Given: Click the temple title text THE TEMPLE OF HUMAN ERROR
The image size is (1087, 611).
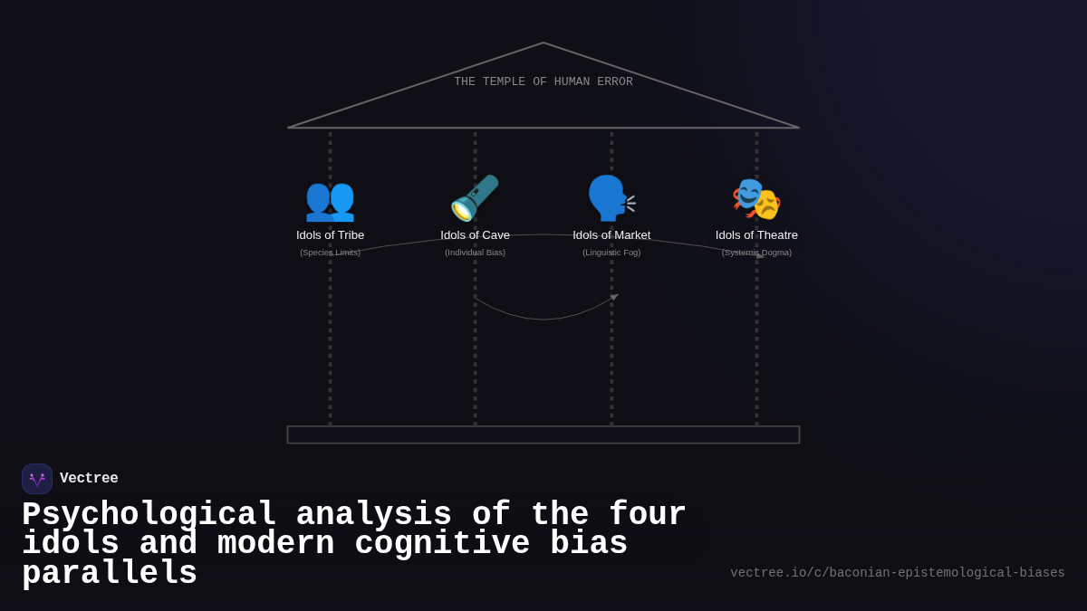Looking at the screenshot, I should [x=543, y=81].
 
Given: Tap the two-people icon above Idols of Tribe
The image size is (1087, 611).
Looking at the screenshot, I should [x=330, y=199].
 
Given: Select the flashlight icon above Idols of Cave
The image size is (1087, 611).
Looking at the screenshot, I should [x=475, y=198].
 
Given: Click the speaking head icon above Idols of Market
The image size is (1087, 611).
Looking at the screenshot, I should [x=611, y=198].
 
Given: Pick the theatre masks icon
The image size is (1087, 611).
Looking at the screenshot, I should [x=756, y=199].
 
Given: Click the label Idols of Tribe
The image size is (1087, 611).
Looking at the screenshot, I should [x=330, y=235].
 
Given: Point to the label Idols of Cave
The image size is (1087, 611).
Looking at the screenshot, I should [x=475, y=235].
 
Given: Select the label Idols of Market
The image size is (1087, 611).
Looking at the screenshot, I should [x=611, y=235].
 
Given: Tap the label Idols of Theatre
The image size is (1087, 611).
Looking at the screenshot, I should [x=756, y=235].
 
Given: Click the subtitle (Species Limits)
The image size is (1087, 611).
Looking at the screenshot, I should [x=330, y=253].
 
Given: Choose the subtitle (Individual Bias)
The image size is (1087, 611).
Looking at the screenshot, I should [x=475, y=253].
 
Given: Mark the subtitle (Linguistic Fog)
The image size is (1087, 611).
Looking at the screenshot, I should [x=611, y=253].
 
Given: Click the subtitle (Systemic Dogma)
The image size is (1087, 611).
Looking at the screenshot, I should [x=756, y=253].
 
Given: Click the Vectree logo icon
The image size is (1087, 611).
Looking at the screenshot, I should [x=37, y=479].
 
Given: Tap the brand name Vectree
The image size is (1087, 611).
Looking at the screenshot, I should [x=89, y=479].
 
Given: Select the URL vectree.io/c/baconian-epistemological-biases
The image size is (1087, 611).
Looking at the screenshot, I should [x=897, y=573].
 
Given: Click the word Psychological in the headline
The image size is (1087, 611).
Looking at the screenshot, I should [x=149, y=515].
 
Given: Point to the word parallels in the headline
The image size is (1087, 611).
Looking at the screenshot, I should [x=110, y=574].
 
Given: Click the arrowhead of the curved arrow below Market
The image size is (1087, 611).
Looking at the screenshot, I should [x=614, y=297].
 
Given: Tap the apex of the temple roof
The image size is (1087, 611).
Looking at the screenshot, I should [x=543, y=43].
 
